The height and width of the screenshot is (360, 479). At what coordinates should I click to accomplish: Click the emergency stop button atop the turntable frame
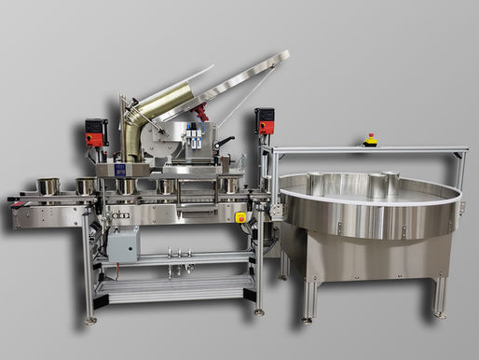pyautogui.click(x=371, y=142)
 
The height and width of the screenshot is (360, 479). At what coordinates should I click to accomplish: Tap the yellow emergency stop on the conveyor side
pyautogui.click(x=240, y=217)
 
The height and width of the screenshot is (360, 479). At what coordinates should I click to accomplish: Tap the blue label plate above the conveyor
pyautogui.click(x=119, y=171)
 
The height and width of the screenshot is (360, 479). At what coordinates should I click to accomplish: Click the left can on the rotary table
pyautogui.click(x=314, y=184)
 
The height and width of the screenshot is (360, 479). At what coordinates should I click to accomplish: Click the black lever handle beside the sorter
pyautogui.click(x=224, y=142)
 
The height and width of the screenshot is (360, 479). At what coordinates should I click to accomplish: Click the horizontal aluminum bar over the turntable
pyautogui.click(x=363, y=151)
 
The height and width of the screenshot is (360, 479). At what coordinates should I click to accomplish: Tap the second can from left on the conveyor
pyautogui.click(x=85, y=186)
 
